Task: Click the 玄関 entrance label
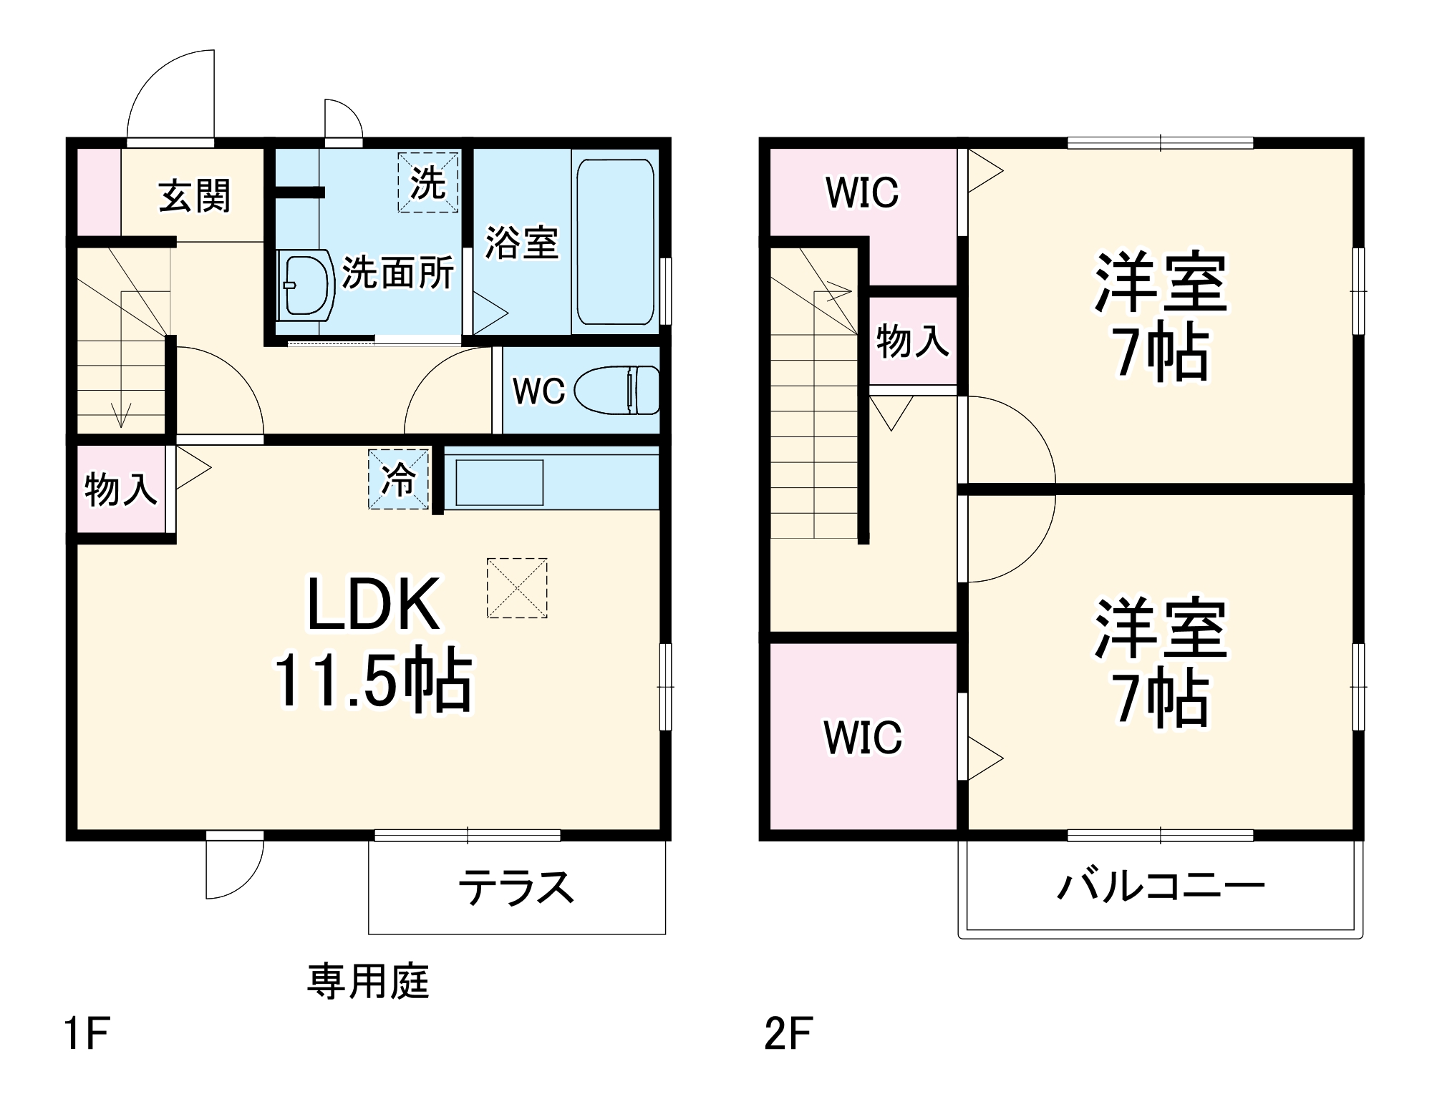click(194, 196)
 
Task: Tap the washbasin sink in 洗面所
click(306, 285)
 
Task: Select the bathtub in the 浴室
click(615, 242)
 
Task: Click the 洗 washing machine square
click(427, 182)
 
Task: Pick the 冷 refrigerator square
click(398, 479)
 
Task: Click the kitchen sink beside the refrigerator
click(499, 482)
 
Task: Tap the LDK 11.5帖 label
click(373, 643)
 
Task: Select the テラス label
click(516, 887)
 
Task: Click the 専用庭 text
click(368, 982)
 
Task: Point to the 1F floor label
click(87, 1034)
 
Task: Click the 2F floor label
click(788, 1034)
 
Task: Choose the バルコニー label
click(1161, 886)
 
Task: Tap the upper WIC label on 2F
click(862, 192)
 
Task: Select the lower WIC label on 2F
click(863, 738)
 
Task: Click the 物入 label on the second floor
click(912, 341)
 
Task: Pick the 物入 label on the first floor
click(120, 489)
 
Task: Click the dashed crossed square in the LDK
click(517, 588)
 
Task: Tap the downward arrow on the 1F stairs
click(122, 415)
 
